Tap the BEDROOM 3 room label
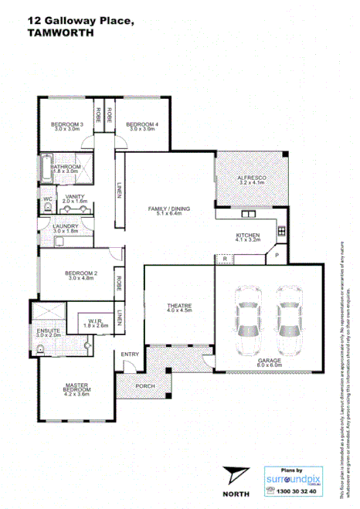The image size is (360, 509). coord(67,124)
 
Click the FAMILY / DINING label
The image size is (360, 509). coord(168,209)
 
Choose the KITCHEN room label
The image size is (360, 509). coord(247,235)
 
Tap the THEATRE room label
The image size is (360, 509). coord(179,307)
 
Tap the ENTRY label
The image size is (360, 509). coord(129,354)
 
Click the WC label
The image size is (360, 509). coord(48,199)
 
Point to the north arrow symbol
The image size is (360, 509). coord(234,473)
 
